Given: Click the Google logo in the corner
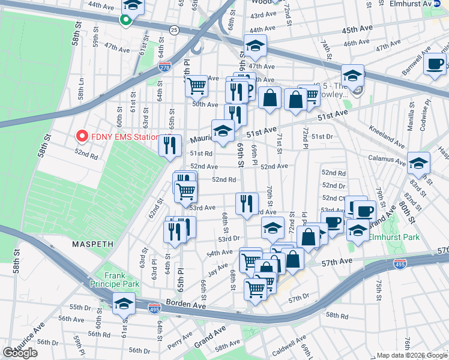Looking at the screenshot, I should (20, 353).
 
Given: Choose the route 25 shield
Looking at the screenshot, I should (173, 29).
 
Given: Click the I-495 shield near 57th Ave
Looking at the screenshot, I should (399, 263).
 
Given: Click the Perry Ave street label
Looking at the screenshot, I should (179, 343).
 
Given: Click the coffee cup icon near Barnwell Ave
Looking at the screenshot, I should (435, 64).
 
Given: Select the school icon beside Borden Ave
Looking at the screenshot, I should (124, 305).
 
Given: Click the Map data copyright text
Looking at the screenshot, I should (411, 355).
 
